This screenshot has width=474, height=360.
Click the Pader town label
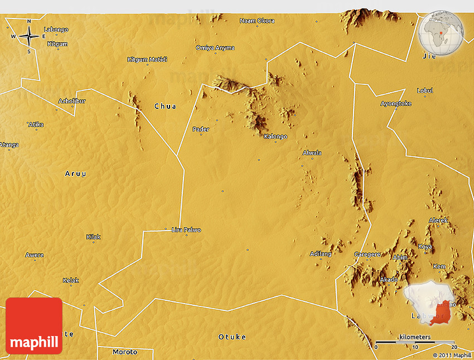[x=201, y=129]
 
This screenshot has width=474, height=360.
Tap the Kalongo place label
[x=275, y=137]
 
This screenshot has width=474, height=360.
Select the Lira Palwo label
[x=186, y=230]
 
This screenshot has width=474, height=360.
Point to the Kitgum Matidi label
[x=147, y=60]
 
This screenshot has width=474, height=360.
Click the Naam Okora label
[x=257, y=21]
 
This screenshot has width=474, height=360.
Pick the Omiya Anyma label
[x=215, y=48]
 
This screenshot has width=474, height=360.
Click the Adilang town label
[x=321, y=254]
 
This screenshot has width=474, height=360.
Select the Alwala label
[x=312, y=153]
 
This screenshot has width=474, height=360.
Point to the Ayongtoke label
[x=396, y=104]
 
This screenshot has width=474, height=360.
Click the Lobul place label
[x=425, y=90]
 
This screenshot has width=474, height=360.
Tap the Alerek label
[x=438, y=220]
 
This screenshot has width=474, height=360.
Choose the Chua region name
[x=165, y=106]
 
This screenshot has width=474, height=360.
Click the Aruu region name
[x=76, y=174]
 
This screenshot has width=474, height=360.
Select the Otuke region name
[x=232, y=337]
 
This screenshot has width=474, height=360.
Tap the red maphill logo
[x=34, y=326]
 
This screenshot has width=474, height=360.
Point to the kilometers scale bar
[x=415, y=342]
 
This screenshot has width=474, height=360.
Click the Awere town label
[x=35, y=256]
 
